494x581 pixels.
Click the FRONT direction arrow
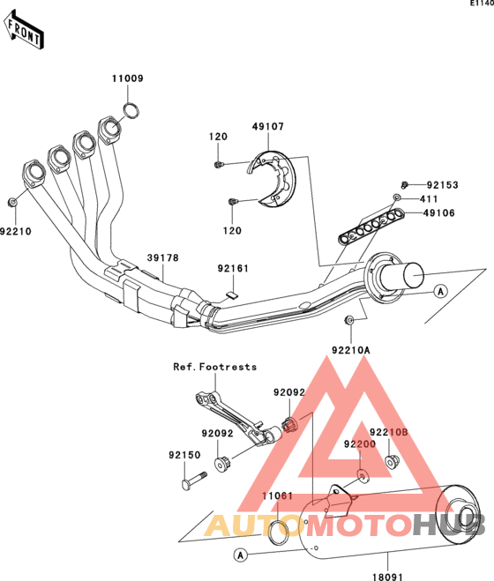pos(24,30)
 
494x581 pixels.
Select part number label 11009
pos(128,78)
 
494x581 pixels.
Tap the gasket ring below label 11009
pos(131,111)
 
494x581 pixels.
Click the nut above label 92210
pos(12,202)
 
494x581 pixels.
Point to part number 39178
pos(163,258)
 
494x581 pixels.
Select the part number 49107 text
pos(268,127)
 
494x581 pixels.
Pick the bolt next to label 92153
pos(405,184)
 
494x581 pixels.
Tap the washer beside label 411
pos(396,197)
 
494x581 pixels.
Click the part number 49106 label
pos(439,213)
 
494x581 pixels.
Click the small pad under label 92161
pos(231,294)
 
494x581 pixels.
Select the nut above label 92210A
pos(349,320)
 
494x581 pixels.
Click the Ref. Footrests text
pos(215,367)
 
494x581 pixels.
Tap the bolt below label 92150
pos(194,480)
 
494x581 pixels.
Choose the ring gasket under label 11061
pos(279,533)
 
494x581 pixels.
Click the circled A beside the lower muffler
pos(241,555)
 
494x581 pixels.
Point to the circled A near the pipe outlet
pos(440,291)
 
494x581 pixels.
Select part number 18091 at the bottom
pos(387,577)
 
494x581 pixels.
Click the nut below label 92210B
pos(392,461)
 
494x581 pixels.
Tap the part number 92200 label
pos(359,443)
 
